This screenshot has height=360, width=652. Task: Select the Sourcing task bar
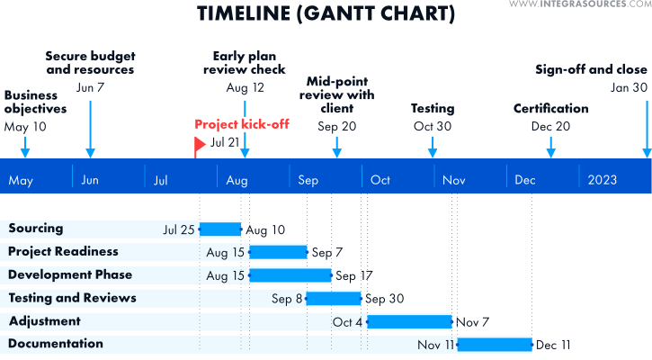point(220,229)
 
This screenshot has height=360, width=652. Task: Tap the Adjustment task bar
point(409,321)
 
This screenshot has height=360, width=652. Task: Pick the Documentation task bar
point(495,345)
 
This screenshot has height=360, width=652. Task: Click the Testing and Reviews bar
point(334,299)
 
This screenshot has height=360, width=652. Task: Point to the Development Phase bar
point(290,275)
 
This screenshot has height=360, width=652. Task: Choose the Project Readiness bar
point(278,252)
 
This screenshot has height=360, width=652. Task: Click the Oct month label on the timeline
point(380,180)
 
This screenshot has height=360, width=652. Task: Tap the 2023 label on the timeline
point(603,180)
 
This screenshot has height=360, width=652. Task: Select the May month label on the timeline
point(21,181)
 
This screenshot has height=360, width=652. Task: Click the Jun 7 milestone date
point(90,87)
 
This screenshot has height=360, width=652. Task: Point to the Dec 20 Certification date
point(550,126)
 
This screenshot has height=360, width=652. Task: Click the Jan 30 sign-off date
point(629,87)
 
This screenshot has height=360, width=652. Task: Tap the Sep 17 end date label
point(354,275)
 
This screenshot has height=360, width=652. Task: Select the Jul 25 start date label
point(179,229)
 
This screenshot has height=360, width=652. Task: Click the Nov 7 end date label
point(472,322)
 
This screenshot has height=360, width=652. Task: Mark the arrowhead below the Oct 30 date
point(433,153)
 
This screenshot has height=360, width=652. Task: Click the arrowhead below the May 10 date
point(25,153)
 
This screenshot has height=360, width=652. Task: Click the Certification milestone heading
point(551,108)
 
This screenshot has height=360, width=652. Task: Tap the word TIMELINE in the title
point(243,13)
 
